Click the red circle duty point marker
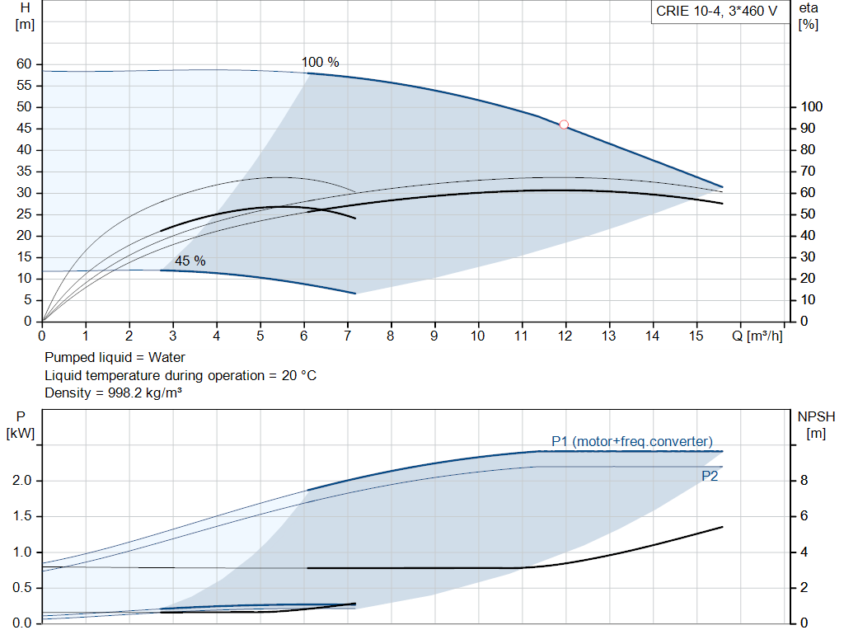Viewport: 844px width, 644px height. pyautogui.click(x=564, y=125)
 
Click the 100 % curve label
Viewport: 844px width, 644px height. pyautogui.click(x=320, y=62)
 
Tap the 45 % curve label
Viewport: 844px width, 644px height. pyautogui.click(x=190, y=261)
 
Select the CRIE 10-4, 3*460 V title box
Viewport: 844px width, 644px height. pyautogui.click(x=716, y=12)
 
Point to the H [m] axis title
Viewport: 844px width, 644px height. pyautogui.click(x=25, y=15)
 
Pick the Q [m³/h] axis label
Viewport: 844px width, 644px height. pyautogui.click(x=757, y=336)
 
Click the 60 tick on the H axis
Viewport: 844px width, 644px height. pyautogui.click(x=23, y=64)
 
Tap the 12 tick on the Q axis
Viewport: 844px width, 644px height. pyautogui.click(x=565, y=336)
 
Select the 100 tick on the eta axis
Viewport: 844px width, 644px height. pyautogui.click(x=812, y=107)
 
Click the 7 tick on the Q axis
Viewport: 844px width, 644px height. pyautogui.click(x=347, y=336)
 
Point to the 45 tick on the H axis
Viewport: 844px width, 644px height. pyautogui.click(x=23, y=129)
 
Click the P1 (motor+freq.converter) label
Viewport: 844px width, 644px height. pyautogui.click(x=632, y=440)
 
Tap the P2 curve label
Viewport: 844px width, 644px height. pyautogui.click(x=710, y=476)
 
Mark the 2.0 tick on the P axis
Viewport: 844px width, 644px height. pyautogui.click(x=21, y=481)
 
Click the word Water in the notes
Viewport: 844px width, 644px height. pyautogui.click(x=167, y=357)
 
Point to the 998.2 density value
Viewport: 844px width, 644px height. pyautogui.click(x=120, y=393)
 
